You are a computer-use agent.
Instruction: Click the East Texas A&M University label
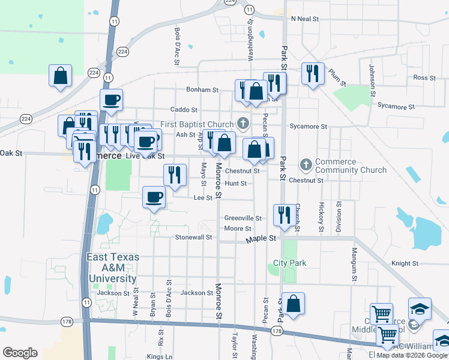[113, 268]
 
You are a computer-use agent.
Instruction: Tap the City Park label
[290, 263]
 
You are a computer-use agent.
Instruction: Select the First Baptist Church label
[196, 125]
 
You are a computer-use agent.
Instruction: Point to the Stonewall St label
[194, 237]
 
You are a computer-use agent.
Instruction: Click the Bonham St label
[202, 89]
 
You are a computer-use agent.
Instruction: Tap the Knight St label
[405, 263]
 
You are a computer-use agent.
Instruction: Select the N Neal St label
[304, 19]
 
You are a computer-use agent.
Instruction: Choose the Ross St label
[424, 77]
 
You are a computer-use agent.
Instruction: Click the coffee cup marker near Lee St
[154, 197]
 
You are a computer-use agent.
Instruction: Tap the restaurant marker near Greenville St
[284, 214]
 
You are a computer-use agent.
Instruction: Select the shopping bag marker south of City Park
[294, 303]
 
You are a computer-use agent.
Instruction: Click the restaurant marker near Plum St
[312, 73]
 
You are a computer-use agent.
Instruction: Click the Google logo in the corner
[20, 352]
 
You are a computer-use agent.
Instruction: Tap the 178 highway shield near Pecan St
[276, 331]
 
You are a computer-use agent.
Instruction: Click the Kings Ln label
[159, 356]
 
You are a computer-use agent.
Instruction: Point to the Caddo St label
[184, 110]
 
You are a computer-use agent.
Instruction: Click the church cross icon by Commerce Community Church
[306, 164]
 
